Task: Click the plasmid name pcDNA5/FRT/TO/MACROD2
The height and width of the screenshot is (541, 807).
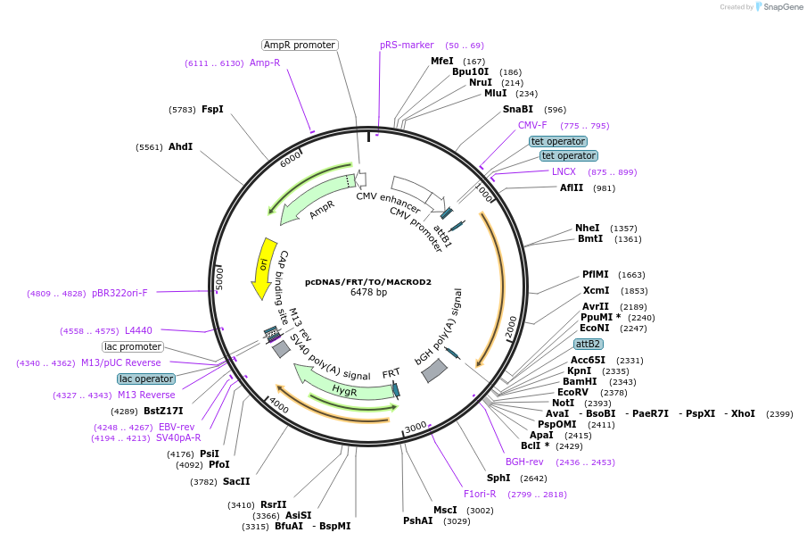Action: click(x=367, y=282)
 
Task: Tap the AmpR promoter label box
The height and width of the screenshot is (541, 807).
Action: click(x=300, y=45)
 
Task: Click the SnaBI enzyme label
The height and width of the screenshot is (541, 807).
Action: click(x=517, y=110)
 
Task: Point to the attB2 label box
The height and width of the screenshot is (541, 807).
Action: click(x=588, y=344)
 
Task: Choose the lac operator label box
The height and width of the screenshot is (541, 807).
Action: click(x=145, y=379)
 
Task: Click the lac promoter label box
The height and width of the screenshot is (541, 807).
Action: click(x=133, y=346)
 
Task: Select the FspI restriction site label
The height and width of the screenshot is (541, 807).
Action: click(x=212, y=110)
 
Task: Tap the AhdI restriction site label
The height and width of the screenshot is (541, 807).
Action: click(x=180, y=146)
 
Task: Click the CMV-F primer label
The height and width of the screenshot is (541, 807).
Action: click(x=532, y=126)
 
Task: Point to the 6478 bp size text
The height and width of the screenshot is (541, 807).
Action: click(x=368, y=293)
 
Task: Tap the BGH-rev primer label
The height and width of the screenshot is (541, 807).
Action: click(x=524, y=462)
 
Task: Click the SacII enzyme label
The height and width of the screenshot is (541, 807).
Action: click(x=236, y=481)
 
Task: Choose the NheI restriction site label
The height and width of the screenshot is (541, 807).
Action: click(x=588, y=228)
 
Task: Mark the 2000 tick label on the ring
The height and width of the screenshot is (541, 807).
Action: click(x=510, y=328)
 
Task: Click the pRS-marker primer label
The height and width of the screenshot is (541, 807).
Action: click(x=407, y=45)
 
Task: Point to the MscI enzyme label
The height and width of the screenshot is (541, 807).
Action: click(x=445, y=510)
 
